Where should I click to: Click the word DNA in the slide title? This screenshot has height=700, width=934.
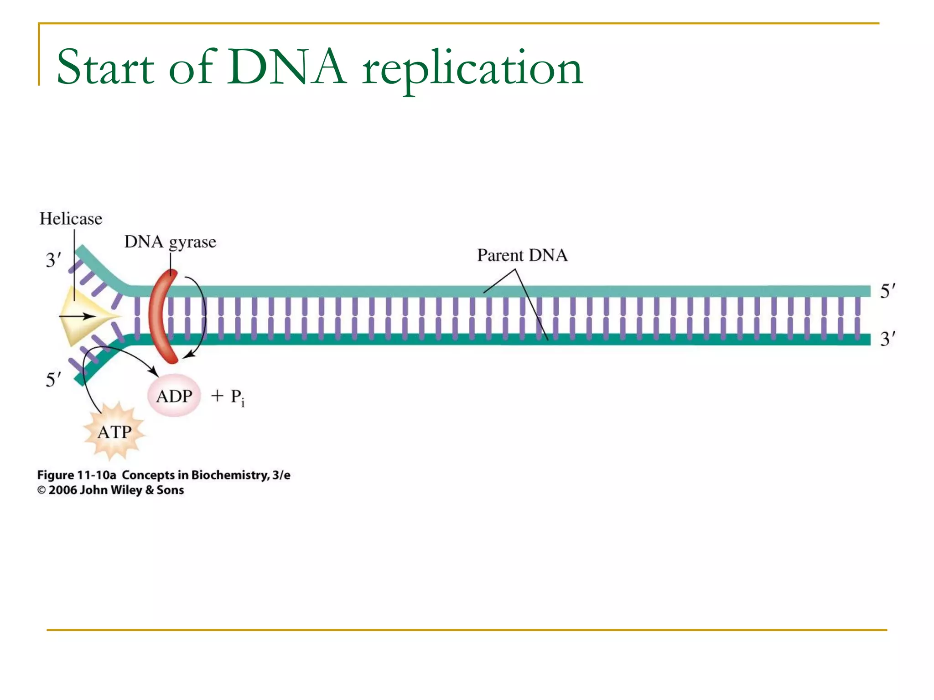286,67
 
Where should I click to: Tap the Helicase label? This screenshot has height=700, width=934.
71,219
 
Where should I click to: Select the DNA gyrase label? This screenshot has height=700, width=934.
170,242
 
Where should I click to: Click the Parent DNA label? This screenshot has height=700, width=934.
522,255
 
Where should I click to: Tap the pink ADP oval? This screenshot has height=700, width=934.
174,396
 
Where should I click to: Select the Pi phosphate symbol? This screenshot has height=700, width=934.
237,397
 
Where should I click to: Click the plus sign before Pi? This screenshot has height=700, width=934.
217,396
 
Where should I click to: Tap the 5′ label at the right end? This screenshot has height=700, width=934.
887,291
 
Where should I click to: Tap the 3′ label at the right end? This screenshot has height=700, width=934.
887,340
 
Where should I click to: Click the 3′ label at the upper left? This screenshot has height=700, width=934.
53,260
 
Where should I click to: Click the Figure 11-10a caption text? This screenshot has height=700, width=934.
163,475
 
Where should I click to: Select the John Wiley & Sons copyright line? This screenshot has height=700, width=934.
111,490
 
